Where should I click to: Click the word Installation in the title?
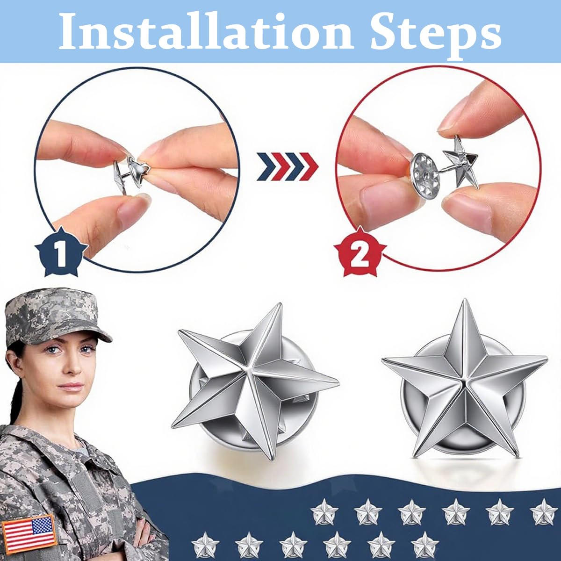(x=206, y=32)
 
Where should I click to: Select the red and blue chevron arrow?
(x=287, y=166)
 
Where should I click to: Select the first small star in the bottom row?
(x=204, y=544)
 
